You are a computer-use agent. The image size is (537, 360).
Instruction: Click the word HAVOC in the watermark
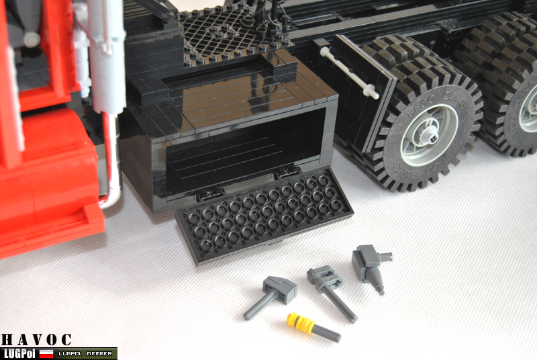36,341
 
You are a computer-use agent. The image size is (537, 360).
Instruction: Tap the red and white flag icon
46,353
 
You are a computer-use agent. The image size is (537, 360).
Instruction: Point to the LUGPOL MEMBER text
84,353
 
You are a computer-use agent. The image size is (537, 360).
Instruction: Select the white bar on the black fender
349,72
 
